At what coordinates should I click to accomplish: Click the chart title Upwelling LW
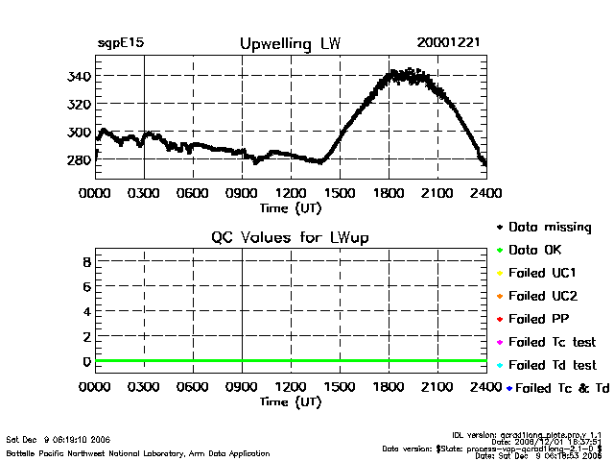pyautogui.click(x=289, y=44)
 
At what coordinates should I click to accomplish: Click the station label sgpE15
pyautogui.click(x=121, y=43)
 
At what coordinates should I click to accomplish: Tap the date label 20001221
pyautogui.click(x=449, y=43)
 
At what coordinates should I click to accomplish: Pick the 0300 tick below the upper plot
pyautogui.click(x=144, y=193)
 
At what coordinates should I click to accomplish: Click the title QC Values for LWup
pyautogui.click(x=290, y=237)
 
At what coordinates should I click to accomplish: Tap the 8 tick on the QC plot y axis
pyautogui.click(x=86, y=261)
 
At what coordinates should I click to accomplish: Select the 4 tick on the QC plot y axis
pyautogui.click(x=86, y=311)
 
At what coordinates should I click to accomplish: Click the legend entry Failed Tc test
pyautogui.click(x=552, y=342)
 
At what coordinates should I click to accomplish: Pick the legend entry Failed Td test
pyautogui.click(x=552, y=365)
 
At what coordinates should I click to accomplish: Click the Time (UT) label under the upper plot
pyautogui.click(x=291, y=206)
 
